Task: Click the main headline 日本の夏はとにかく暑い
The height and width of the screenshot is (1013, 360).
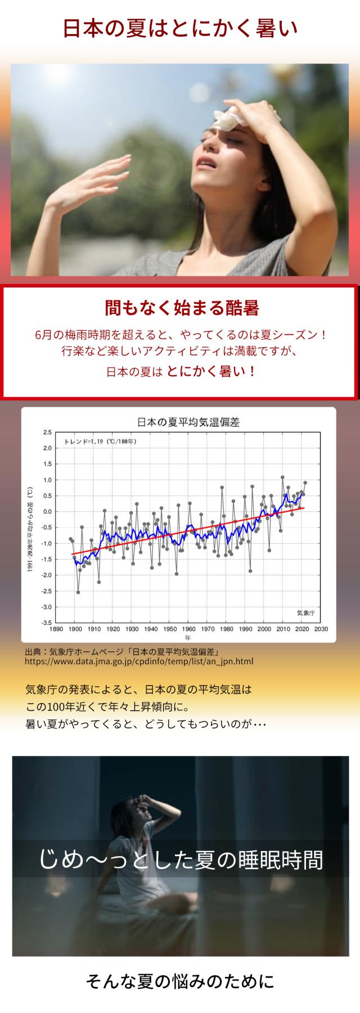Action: [180, 29]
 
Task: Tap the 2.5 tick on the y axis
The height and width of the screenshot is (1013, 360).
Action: [47, 433]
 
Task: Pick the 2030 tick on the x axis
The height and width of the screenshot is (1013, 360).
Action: [321, 629]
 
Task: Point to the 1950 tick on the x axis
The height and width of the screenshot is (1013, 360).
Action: [170, 629]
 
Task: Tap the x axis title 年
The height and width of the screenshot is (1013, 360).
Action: [188, 637]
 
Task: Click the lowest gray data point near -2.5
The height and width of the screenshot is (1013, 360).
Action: [78, 592]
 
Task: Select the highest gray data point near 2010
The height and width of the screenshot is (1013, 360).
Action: [282, 478]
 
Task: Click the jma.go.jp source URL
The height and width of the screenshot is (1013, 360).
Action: [139, 662]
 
